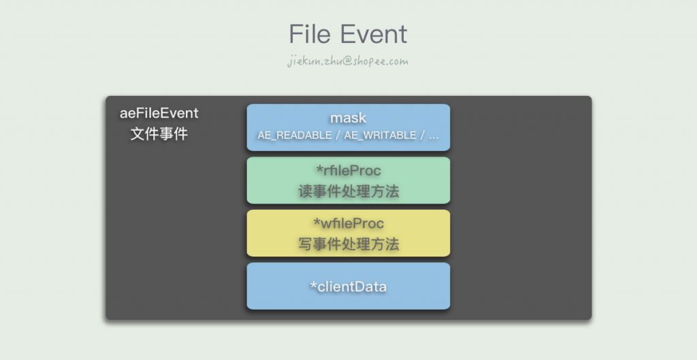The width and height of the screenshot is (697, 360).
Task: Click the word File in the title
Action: (x=310, y=34)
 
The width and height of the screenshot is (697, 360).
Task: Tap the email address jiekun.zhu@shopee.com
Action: (x=348, y=61)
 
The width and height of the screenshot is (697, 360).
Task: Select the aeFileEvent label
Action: (x=159, y=113)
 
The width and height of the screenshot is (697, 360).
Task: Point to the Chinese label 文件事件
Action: (x=159, y=134)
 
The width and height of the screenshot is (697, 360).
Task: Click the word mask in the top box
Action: (x=348, y=118)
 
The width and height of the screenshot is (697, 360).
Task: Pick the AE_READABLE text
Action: (x=293, y=135)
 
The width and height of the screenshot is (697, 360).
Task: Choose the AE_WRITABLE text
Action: (x=380, y=135)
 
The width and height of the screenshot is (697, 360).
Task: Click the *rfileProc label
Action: (x=348, y=171)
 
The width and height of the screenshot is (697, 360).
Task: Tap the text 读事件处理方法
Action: (x=348, y=191)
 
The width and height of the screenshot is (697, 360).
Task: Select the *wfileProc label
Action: (x=348, y=223)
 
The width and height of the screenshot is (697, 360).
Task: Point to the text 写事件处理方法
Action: (x=348, y=244)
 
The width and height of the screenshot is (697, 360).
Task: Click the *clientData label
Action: (x=348, y=287)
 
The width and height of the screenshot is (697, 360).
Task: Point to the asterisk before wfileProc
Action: (x=317, y=222)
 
